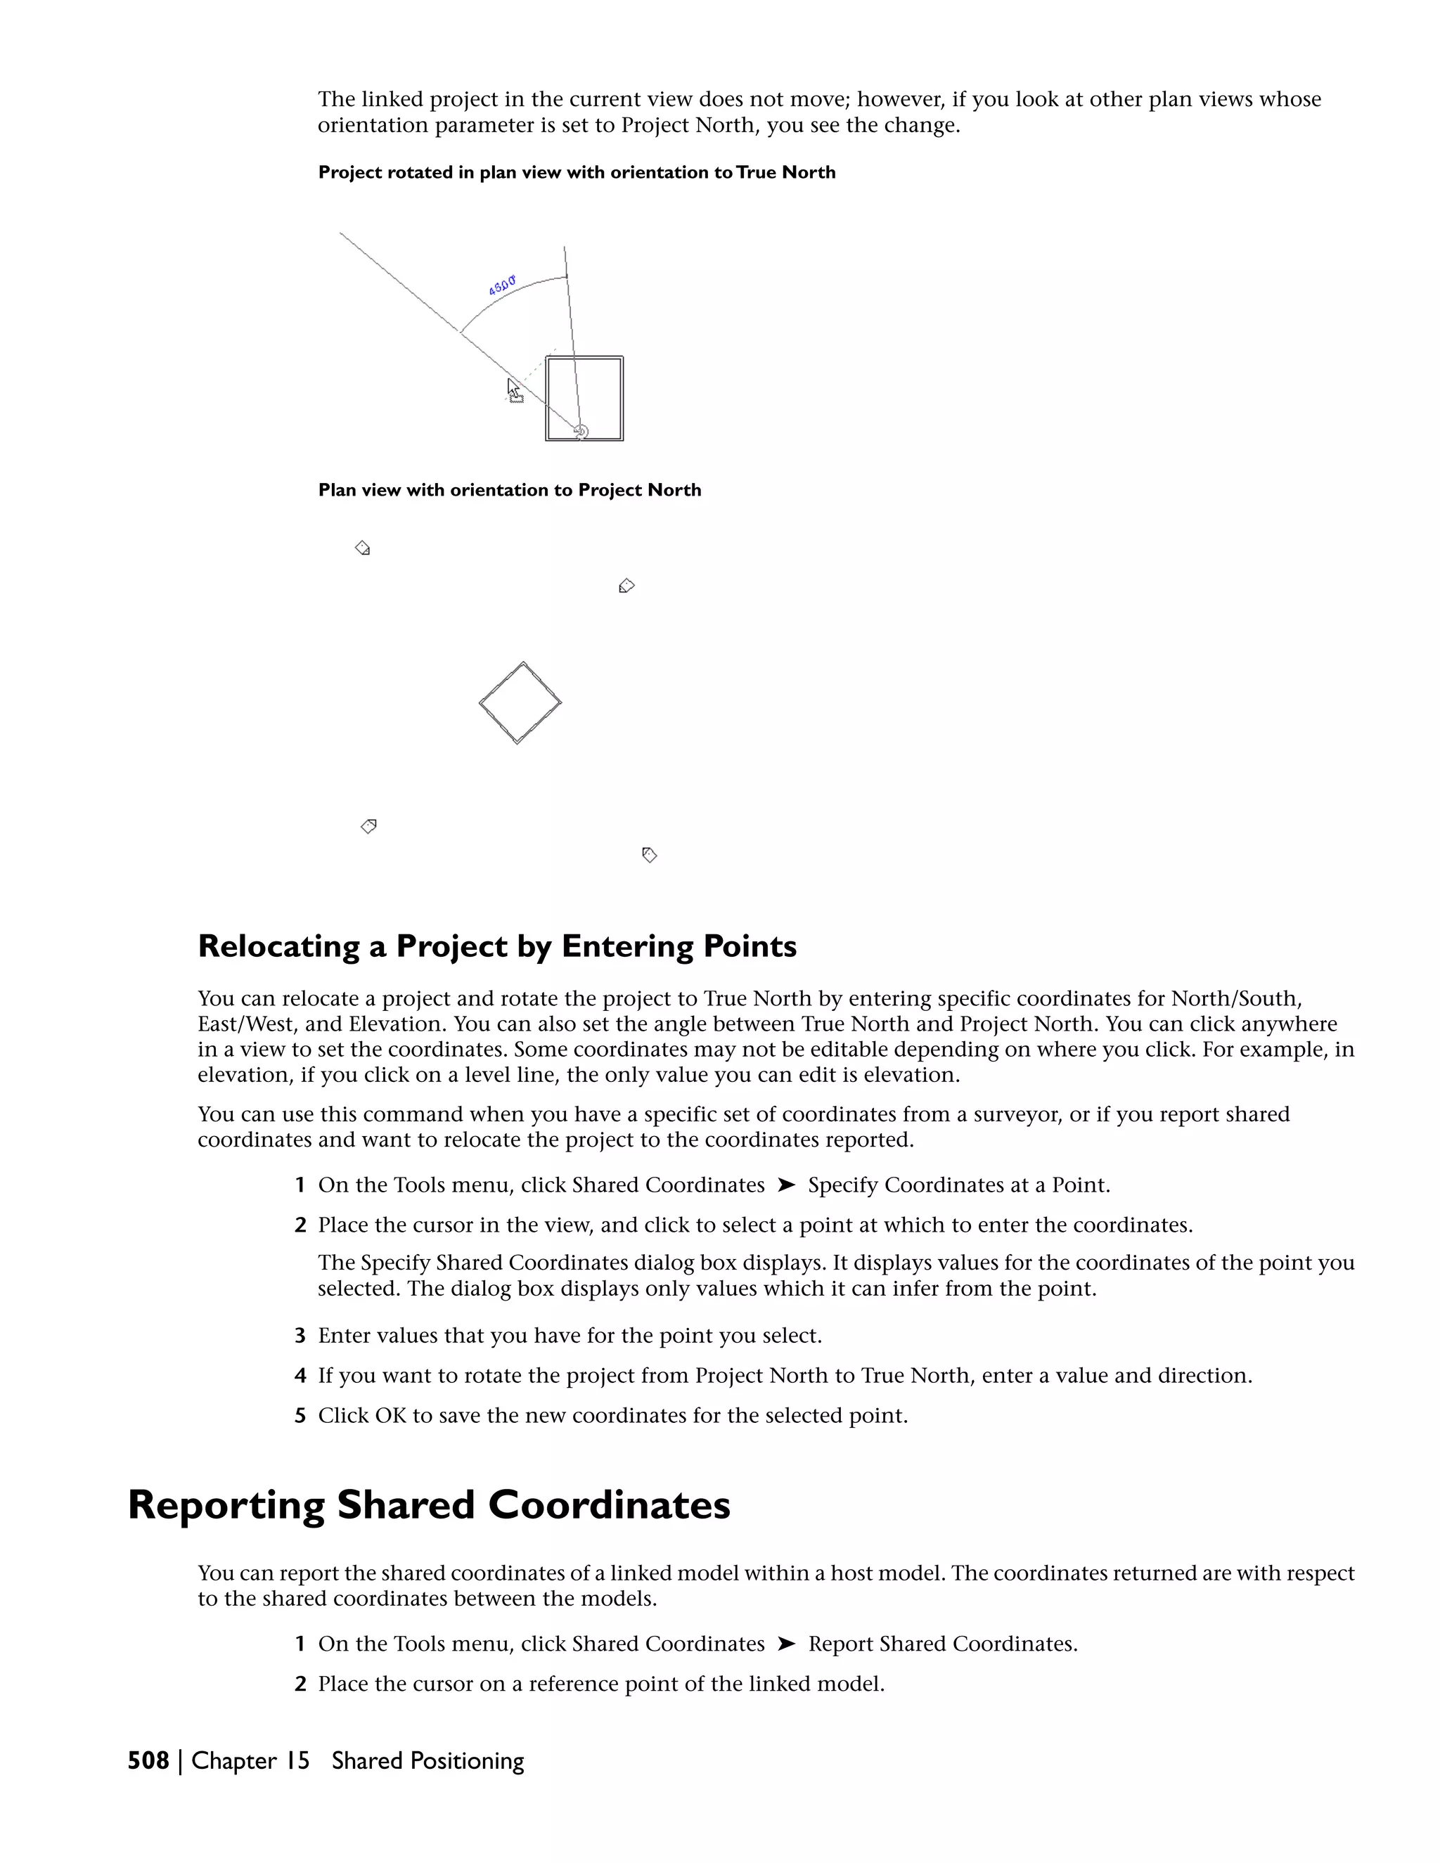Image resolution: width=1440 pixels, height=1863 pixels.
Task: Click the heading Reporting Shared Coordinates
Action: tap(428, 1506)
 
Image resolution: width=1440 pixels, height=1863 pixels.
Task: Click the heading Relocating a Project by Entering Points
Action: tap(496, 946)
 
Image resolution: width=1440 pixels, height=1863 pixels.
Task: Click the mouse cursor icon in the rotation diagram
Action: tap(513, 391)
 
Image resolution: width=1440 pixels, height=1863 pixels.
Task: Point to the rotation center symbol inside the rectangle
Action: tap(581, 432)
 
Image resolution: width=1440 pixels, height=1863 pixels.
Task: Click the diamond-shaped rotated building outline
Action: tap(520, 703)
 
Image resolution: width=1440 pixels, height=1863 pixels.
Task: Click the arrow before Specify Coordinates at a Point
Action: tap(787, 1185)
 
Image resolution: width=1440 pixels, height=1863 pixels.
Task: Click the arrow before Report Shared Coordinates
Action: tap(787, 1644)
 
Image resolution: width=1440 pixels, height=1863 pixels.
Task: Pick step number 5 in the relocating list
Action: tap(300, 1416)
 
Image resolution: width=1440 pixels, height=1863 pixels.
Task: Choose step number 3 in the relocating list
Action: tap(300, 1336)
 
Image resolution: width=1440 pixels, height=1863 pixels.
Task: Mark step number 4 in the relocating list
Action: tap(300, 1376)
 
